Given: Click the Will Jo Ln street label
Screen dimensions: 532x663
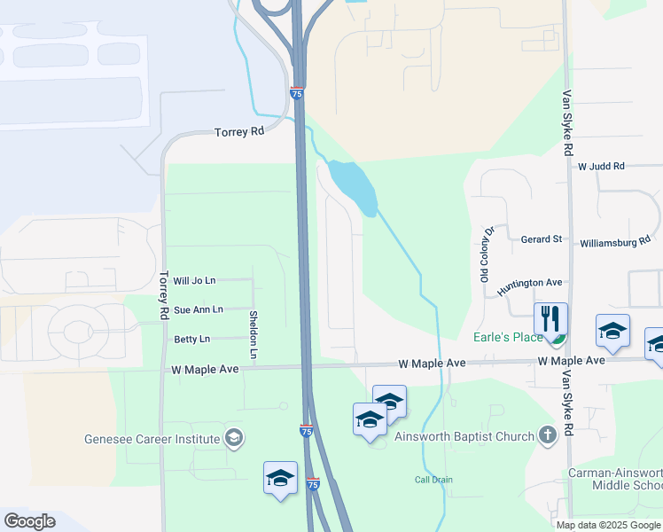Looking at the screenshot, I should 194,281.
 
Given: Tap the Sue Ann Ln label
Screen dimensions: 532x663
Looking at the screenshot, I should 199,309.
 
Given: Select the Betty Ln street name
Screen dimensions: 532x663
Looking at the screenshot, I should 191,339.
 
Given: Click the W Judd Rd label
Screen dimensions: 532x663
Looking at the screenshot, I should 601,166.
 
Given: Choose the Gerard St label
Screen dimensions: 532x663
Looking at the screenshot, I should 542,239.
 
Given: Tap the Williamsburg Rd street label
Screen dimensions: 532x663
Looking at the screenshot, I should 615,241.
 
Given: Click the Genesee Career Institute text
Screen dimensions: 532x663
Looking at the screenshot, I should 152,438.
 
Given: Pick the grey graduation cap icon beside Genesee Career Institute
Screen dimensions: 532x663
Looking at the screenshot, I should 234,437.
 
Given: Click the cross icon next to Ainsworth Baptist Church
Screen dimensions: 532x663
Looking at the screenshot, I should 548,435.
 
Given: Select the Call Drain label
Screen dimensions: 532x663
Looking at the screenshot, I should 434,480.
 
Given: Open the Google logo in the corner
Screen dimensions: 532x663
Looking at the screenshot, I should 29,521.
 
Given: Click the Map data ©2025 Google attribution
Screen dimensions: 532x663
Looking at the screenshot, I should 607,525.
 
